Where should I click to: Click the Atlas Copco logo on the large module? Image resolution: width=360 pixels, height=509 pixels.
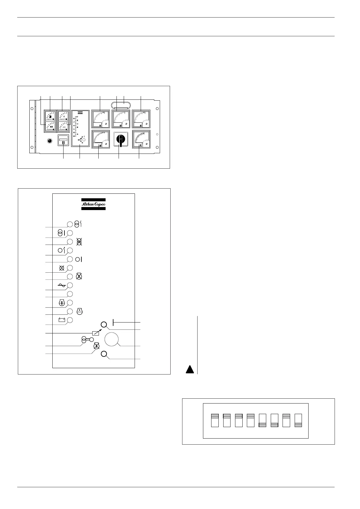pos(93,204)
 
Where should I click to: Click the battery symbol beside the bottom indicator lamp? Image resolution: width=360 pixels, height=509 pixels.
pos(62,320)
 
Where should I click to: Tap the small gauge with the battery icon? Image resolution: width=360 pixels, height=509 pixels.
pos(50,127)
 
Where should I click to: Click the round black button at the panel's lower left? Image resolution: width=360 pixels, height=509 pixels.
pos(50,141)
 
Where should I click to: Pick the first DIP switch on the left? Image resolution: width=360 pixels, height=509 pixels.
pos(215,420)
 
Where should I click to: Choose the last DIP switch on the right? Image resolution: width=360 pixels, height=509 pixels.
pos(298,420)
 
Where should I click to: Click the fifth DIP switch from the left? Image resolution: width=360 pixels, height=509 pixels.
pos(263,420)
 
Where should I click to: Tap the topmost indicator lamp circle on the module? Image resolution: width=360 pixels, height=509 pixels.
pos(70,224)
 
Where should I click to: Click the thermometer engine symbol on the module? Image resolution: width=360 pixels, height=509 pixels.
pos(61,303)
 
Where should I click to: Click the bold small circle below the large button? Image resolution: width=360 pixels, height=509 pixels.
pos(104,354)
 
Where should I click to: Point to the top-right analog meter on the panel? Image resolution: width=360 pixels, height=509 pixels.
pos(141,119)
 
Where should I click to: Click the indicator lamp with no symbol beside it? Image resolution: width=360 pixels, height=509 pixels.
pos(70,294)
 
